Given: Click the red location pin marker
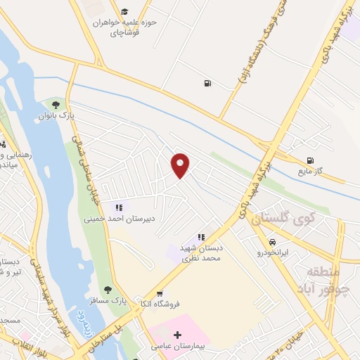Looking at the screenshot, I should pyautogui.click(x=181, y=165).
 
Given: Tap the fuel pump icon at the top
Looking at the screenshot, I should pyautogui.click(x=207, y=84).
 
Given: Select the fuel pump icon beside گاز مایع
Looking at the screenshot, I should pyautogui.click(x=310, y=161).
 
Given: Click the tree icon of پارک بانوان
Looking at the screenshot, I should pyautogui.click(x=56, y=105).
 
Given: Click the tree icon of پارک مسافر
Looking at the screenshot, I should pyautogui.click(x=108, y=289).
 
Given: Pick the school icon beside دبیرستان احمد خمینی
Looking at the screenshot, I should pyautogui.click(x=119, y=208).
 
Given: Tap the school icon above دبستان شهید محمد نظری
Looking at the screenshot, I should pyautogui.click(x=201, y=238).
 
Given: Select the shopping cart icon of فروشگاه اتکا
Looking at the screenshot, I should pyautogui.click(x=161, y=294).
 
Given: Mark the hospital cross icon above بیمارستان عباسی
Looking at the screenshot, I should pyautogui.click(x=177, y=335).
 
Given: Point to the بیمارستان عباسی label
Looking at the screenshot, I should pyautogui.click(x=176, y=346).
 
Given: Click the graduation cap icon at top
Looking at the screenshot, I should pyautogui.click(x=124, y=11).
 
